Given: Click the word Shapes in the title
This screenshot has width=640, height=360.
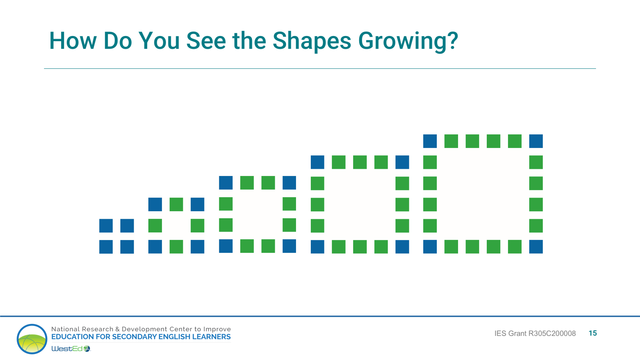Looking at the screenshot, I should click(x=312, y=41).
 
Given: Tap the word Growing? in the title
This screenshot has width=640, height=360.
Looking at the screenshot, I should click(x=408, y=41).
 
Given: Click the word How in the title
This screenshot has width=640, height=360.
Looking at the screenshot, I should click(x=72, y=41).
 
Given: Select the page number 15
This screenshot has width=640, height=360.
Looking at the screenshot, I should click(x=592, y=333).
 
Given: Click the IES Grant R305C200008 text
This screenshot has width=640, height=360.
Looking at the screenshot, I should click(x=535, y=334).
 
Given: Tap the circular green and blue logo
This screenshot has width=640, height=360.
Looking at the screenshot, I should click(x=32, y=339).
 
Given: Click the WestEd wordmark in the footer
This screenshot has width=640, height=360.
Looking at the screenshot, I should click(x=67, y=349).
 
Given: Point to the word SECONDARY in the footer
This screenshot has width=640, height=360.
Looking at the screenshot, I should click(x=134, y=337).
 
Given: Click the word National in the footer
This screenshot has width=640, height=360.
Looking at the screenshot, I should click(x=66, y=329).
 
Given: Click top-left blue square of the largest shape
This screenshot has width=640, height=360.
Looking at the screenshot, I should click(x=430, y=141).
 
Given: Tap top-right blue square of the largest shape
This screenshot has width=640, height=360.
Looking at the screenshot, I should click(x=536, y=141).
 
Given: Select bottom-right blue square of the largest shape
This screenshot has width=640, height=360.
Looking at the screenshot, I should click(x=536, y=247).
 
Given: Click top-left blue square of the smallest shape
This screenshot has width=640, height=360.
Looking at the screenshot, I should click(x=106, y=226).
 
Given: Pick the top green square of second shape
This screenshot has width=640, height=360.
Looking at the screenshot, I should click(x=176, y=204).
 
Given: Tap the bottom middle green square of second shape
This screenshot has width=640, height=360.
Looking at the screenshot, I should click(x=176, y=247).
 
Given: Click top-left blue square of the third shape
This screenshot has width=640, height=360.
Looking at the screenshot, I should click(x=226, y=183).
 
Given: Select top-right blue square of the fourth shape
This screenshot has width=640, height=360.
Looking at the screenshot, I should click(x=402, y=162).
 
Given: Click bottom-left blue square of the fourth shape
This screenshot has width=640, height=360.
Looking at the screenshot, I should click(x=318, y=247).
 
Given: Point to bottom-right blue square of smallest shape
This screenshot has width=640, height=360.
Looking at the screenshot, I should click(x=127, y=247).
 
